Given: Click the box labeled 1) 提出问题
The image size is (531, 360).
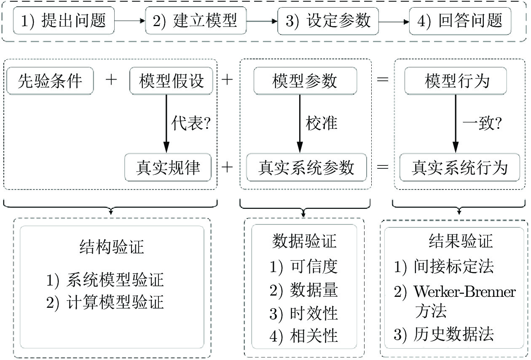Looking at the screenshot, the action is point(64,21).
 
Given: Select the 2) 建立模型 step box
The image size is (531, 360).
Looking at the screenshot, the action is point(196,21).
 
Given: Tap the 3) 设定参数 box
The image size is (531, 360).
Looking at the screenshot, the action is point(328,21).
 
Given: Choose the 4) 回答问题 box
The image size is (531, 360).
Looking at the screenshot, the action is point(460,21).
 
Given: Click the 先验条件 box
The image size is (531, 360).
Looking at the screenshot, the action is point(50,81).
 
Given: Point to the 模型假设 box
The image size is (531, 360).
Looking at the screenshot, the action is point(171,81).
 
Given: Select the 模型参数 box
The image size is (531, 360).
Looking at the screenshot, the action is point(305,81).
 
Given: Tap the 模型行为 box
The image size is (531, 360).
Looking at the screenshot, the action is point(456,81).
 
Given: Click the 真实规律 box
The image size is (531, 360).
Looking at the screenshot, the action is point(168,168).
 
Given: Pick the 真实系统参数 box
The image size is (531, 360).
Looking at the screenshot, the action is point(306,168).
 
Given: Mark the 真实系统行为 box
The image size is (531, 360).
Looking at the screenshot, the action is point(460,168).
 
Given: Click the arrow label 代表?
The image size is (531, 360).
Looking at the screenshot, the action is point(191,123).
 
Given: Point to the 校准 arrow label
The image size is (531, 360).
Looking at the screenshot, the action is point(322,123).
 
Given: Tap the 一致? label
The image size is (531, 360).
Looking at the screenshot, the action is point(483,123).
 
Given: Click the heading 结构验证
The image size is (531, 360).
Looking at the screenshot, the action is point(112,247).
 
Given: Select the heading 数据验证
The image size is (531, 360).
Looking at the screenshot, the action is point(304,241).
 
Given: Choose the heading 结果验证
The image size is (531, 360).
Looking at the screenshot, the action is point(461,241).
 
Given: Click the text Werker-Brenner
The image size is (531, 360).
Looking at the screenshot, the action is point(464,291).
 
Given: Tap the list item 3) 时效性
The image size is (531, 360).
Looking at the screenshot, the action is point(304,313).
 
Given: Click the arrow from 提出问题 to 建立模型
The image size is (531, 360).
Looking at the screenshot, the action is point(130,21).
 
